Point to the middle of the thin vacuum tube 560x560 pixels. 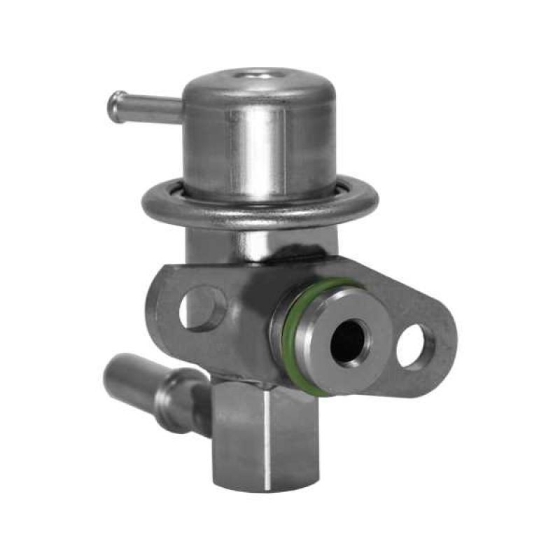143,108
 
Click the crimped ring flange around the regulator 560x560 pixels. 259,210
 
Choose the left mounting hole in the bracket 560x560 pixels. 200,309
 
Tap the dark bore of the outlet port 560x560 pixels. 348,342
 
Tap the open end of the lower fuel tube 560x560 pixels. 115,371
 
